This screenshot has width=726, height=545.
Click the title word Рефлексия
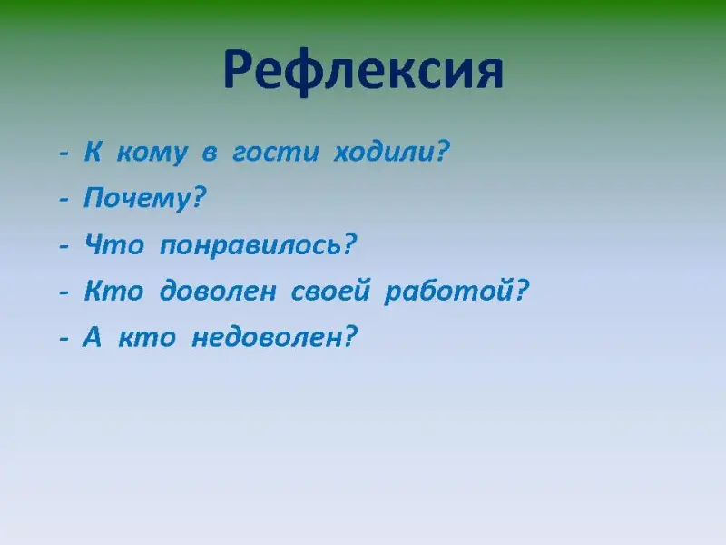(364, 71)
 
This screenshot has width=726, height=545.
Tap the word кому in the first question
(152, 153)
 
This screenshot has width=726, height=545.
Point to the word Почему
(138, 198)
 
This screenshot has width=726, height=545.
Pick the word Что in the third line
(114, 243)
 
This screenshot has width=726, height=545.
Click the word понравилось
(250, 244)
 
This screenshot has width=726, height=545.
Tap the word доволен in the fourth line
(218, 291)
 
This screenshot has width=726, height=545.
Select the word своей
(330, 290)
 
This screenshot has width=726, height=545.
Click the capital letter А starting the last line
(92, 336)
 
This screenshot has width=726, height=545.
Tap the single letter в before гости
(210, 153)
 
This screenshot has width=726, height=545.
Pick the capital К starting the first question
(93, 151)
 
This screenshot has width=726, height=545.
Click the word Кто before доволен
(113, 291)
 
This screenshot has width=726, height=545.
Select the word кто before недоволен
(147, 338)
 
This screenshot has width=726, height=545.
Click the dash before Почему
(64, 200)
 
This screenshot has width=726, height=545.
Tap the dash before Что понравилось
(64, 246)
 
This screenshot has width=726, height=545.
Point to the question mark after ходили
(443, 151)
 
